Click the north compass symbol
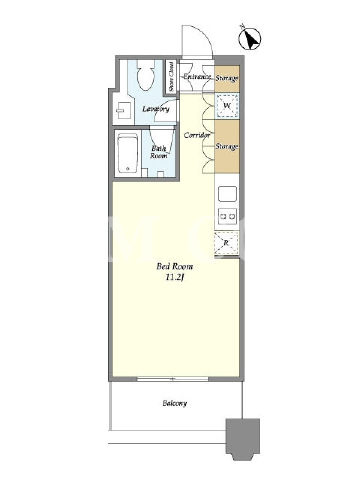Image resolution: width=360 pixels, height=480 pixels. [x=250, y=39]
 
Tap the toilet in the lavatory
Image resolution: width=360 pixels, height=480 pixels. [x=145, y=74]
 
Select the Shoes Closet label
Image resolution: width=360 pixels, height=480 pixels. [x=171, y=77]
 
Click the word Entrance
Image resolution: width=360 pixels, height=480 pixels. [x=197, y=77]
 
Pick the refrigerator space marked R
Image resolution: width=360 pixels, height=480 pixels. [x=226, y=244]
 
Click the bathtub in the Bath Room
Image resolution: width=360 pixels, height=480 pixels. [x=128, y=154]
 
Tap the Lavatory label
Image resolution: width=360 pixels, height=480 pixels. [x=156, y=109]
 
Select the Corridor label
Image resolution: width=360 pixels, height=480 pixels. [x=197, y=136]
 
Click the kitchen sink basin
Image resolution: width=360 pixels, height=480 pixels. [x=227, y=193]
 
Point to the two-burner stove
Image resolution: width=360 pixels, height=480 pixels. [x=227, y=217]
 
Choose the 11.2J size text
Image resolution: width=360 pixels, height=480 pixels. [x=175, y=278]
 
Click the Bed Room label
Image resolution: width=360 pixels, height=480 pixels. [x=175, y=266]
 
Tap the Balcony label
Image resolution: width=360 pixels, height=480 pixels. [x=175, y=403]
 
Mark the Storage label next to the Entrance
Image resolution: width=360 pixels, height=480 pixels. [x=227, y=79]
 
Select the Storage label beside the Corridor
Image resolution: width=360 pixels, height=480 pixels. [x=227, y=146]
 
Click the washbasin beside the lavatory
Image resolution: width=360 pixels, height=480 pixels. [x=124, y=110]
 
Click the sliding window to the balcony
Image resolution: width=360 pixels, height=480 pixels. [x=173, y=379]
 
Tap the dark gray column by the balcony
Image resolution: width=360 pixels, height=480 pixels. [x=243, y=439]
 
